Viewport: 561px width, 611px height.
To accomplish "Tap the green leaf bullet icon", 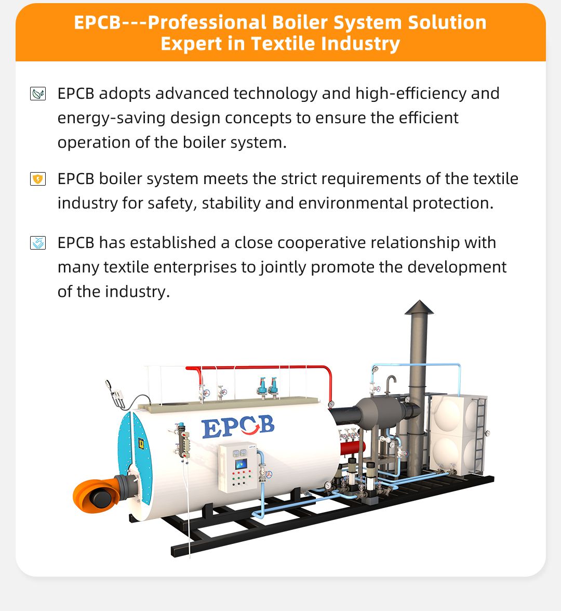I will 38,94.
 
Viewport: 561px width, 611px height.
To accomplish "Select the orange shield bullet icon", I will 38,179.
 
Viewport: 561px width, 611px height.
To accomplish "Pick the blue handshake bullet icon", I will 38,243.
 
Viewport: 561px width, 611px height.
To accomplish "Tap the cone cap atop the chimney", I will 419,307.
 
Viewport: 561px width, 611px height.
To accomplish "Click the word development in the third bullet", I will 457,267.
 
